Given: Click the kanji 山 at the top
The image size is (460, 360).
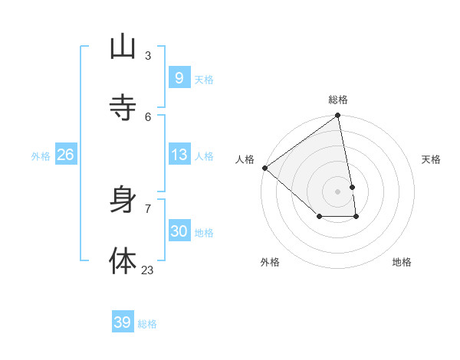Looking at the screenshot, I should (123, 47).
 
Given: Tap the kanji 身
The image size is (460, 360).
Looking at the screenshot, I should (123, 200).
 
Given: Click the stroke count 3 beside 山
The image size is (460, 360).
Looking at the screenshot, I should (148, 55).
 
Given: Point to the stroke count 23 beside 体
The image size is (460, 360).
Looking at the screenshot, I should (147, 270).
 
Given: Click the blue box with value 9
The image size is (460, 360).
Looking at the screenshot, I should (179, 77).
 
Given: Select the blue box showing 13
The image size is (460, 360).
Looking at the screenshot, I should (179, 155).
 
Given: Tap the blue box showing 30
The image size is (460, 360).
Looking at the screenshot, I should (179, 231).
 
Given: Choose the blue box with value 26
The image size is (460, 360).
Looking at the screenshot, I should (65, 155).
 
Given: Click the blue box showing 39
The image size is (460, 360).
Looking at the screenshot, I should (123, 322).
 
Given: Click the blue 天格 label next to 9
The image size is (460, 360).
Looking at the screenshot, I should (204, 80).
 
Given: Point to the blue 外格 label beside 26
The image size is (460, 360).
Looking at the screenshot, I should (41, 156).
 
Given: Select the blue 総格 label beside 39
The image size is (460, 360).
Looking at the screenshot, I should (147, 324).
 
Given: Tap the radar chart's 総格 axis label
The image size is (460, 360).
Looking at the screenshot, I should (338, 100).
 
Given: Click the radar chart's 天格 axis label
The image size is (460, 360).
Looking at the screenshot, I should (431, 159).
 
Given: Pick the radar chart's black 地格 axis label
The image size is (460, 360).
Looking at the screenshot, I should (402, 262).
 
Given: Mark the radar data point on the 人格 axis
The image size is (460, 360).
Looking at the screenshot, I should (264, 168).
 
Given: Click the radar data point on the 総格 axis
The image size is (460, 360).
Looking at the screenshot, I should (337, 116).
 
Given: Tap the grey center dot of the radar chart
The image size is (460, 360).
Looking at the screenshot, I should (337, 191).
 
